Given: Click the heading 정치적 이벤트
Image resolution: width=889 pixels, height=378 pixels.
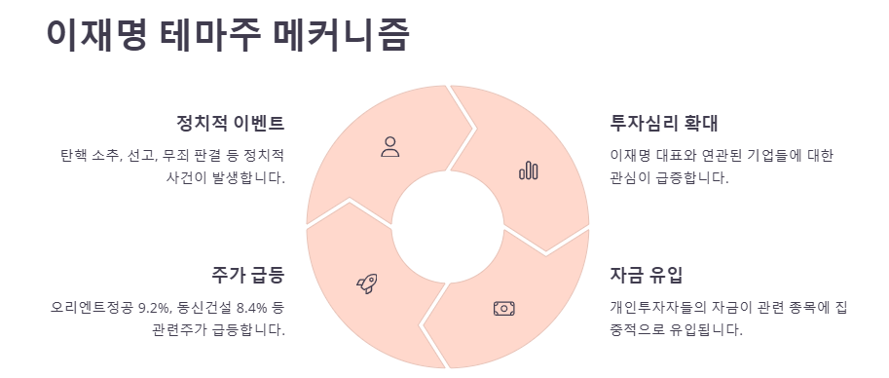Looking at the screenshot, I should tap(230, 124).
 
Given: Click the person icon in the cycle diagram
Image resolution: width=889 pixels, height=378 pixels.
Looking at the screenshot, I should tap(390, 147).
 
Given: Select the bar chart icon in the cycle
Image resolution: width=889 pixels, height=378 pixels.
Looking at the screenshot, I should tap(529, 171).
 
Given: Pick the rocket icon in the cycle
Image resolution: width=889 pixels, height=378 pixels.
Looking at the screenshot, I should tap(367, 283).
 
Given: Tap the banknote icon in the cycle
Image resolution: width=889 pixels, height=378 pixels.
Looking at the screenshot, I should tap(503, 308).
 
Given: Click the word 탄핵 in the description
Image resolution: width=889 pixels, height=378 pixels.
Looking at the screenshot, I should tap(73, 156).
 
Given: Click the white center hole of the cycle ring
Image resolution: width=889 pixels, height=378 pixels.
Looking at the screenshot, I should tap(448, 227).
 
